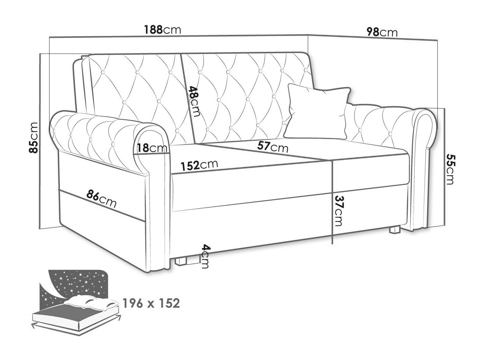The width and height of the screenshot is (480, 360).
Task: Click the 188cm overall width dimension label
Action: (162, 30)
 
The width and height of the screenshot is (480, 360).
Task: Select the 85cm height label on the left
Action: (34, 138)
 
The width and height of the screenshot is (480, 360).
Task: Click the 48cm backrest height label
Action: (194, 101)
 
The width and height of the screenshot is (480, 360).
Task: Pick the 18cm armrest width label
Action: (152, 148)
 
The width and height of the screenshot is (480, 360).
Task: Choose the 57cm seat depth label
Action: (273, 147)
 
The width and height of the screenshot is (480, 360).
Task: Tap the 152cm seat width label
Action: (200, 165)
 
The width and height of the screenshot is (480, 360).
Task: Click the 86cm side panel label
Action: (101, 199)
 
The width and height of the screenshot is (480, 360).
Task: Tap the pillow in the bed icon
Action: (92, 302)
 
